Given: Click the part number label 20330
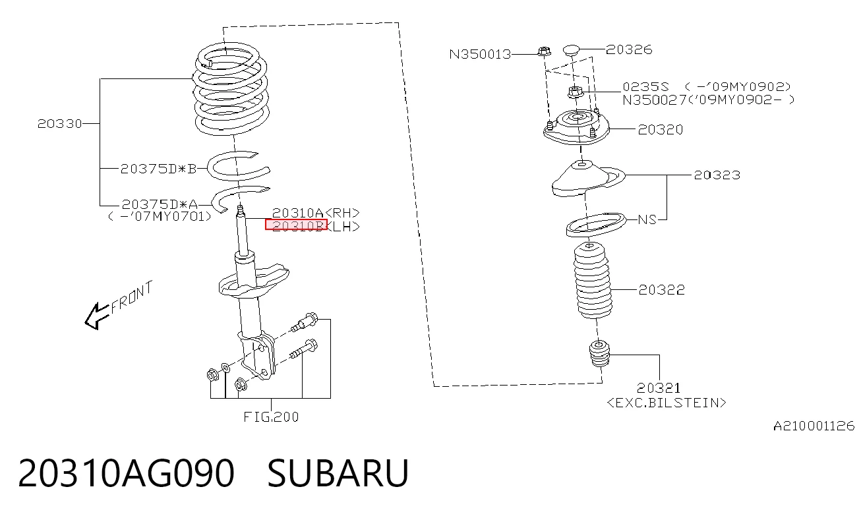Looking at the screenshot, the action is click(59, 124).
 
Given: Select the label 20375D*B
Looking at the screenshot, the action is click(158, 169).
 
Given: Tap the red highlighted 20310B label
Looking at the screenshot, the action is click(296, 224).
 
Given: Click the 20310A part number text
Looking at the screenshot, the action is click(298, 213).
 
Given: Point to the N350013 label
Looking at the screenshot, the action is click(480, 54).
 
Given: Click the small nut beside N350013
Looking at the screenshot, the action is click(543, 51).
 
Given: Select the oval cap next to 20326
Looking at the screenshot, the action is click(571, 49).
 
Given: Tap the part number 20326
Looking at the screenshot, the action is click(629, 49).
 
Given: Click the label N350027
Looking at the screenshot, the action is click(654, 100).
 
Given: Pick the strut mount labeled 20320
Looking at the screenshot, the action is click(576, 128).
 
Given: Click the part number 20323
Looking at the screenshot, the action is click(717, 175).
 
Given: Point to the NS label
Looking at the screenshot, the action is click(647, 219).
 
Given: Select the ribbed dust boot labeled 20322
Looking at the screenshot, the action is click(592, 281).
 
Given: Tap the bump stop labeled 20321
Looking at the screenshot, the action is click(599, 353).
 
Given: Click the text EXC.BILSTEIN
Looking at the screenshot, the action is click(667, 403).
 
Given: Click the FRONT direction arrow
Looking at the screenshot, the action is click(98, 316).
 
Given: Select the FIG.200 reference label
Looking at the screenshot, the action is click(271, 417).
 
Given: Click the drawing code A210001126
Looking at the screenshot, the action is click(814, 426).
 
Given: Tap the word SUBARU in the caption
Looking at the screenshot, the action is click(338, 473).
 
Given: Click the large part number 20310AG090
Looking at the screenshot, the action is click(126, 473).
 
